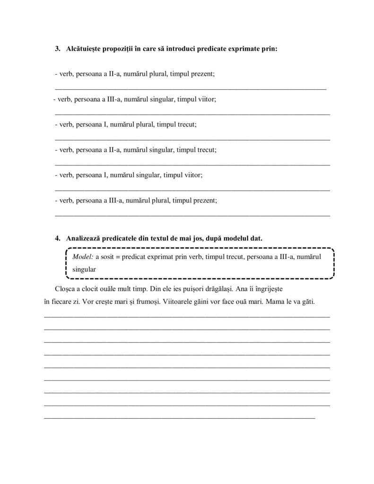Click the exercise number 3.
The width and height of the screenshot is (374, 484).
(x=58, y=49)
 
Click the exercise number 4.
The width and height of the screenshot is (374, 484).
(x=58, y=238)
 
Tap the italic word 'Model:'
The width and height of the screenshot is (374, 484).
(x=83, y=257)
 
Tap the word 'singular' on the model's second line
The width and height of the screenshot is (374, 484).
(x=85, y=269)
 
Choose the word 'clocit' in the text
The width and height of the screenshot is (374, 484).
(x=92, y=288)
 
